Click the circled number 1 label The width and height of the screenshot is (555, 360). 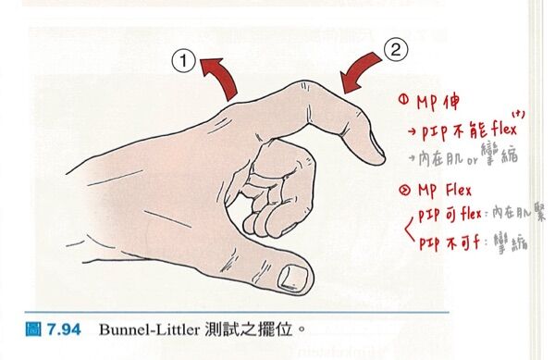[185, 62]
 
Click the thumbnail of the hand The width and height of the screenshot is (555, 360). [295, 275]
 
